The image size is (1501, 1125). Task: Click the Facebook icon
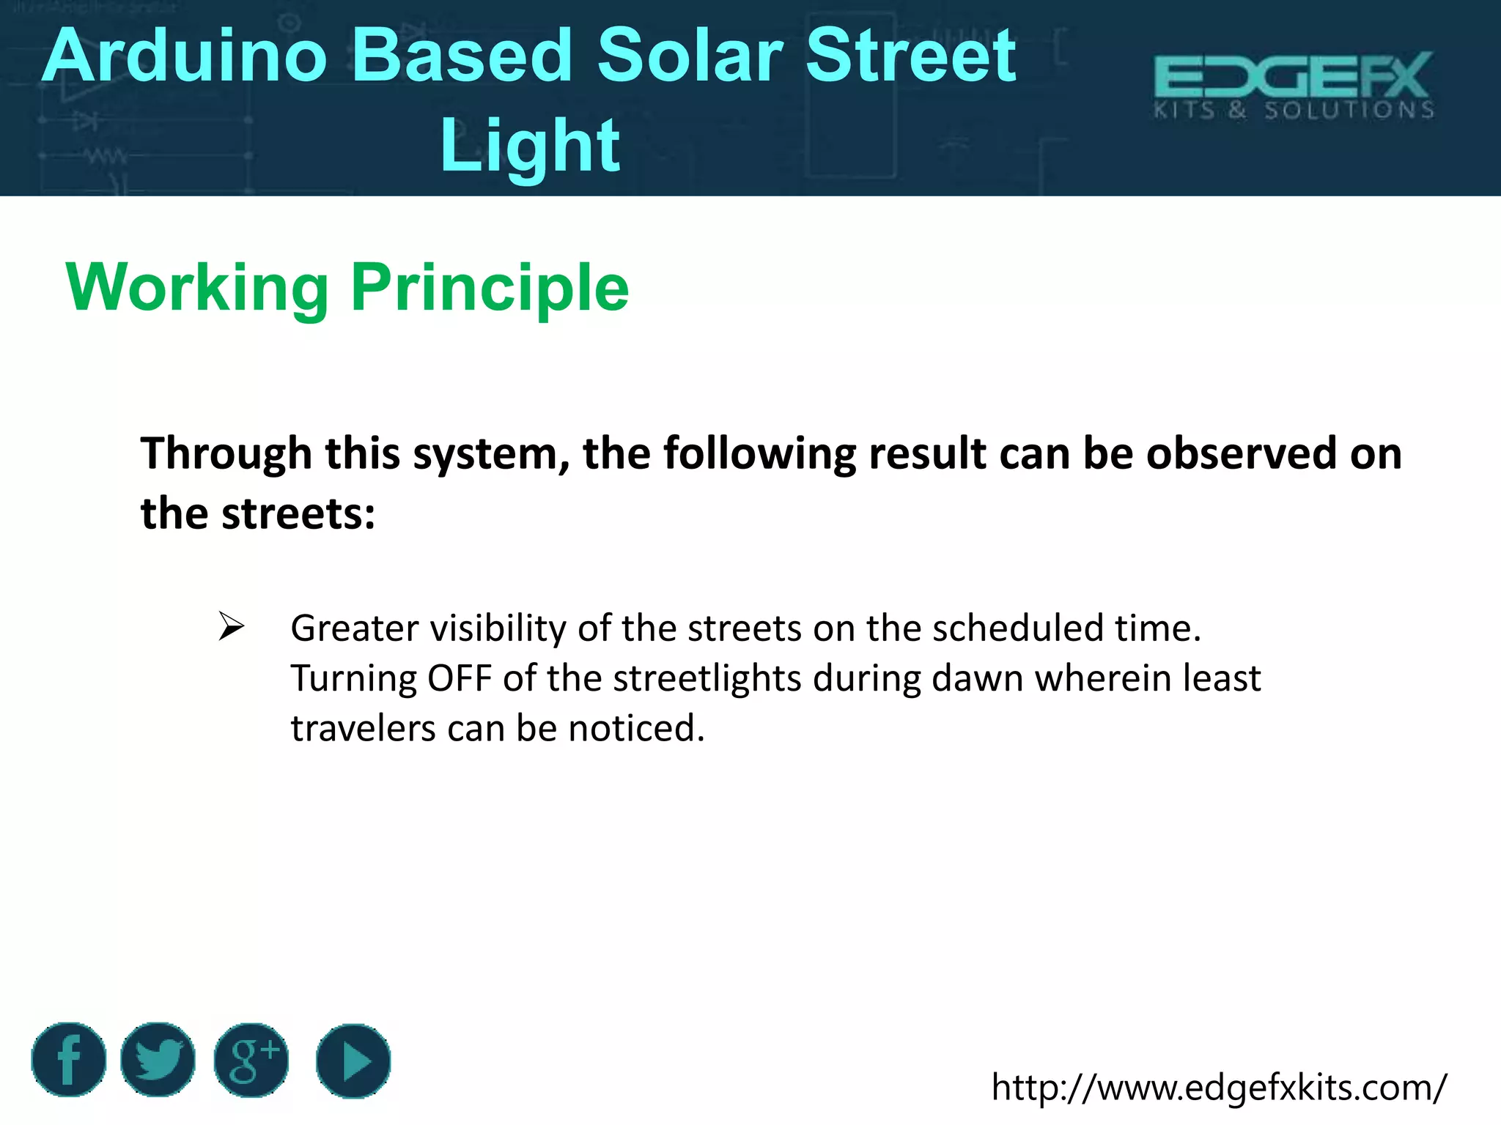(x=68, y=1060)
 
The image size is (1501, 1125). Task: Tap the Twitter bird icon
(x=158, y=1060)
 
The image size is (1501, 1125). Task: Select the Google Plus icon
(x=251, y=1060)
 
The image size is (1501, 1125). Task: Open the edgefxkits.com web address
(x=1219, y=1087)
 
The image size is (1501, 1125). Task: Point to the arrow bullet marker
(x=232, y=628)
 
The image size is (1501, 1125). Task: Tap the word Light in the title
(x=530, y=146)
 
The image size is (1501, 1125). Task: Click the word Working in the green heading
(x=197, y=288)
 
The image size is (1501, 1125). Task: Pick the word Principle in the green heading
(x=490, y=288)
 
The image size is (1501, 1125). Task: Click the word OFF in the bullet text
(x=460, y=678)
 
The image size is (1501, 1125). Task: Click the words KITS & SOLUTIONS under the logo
(x=1294, y=111)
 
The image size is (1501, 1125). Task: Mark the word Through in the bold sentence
(x=226, y=453)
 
